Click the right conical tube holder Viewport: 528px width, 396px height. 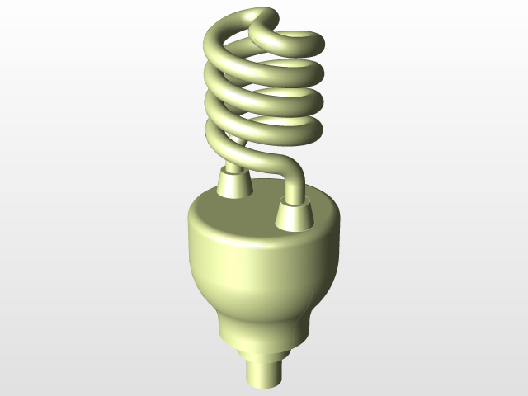click(x=295, y=216)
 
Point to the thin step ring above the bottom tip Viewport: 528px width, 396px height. click(x=265, y=351)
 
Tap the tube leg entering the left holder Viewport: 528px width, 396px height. click(x=233, y=166)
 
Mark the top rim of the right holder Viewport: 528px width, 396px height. click(x=295, y=203)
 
